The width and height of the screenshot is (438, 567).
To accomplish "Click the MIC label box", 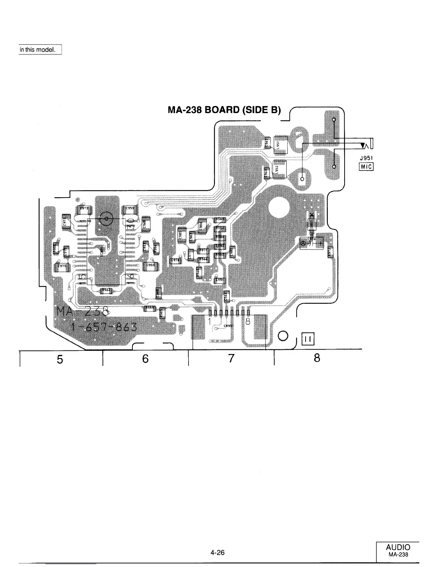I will (366, 166).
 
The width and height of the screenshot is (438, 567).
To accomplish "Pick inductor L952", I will (279, 169).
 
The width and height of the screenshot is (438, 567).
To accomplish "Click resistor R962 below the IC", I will (106, 291).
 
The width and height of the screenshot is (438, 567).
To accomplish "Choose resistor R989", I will (149, 308).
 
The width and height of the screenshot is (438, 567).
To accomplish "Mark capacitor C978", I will (175, 260).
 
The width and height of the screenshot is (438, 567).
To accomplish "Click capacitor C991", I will (219, 280).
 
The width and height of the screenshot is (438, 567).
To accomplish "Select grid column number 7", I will (231, 358).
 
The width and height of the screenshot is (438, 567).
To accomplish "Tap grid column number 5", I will (60, 359).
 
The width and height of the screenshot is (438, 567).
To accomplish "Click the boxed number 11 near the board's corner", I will (308, 338).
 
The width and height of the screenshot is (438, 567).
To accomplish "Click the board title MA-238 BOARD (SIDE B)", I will (224, 110).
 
